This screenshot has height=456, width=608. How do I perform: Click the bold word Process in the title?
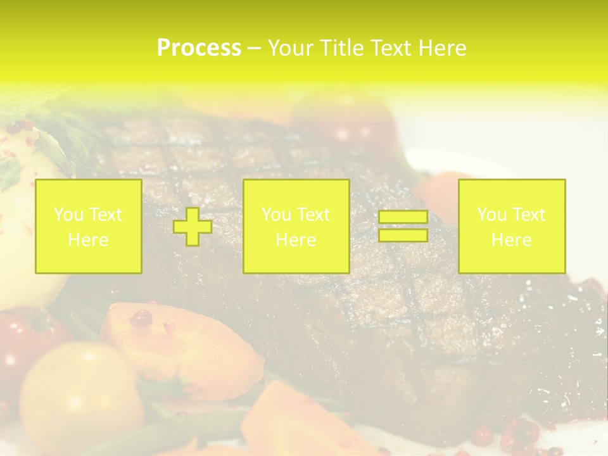pyautogui.click(x=199, y=48)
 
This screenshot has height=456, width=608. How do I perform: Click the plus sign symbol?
pyautogui.click(x=193, y=227)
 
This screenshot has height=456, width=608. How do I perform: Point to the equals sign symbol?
pyautogui.click(x=403, y=226)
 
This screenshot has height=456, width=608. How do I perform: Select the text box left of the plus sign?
pyautogui.click(x=88, y=226)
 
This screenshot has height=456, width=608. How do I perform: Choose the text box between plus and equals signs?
pyautogui.click(x=296, y=226)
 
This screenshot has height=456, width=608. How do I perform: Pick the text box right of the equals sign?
pyautogui.click(x=511, y=226)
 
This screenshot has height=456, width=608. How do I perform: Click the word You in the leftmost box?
pyautogui.click(x=68, y=214)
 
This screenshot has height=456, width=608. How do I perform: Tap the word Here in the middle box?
pyautogui.click(x=296, y=240)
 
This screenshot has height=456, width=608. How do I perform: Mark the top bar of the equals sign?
pyautogui.click(x=403, y=217)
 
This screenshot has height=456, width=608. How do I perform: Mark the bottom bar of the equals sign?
pyautogui.click(x=403, y=235)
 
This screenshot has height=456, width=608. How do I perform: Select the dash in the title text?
pyautogui.click(x=254, y=49)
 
